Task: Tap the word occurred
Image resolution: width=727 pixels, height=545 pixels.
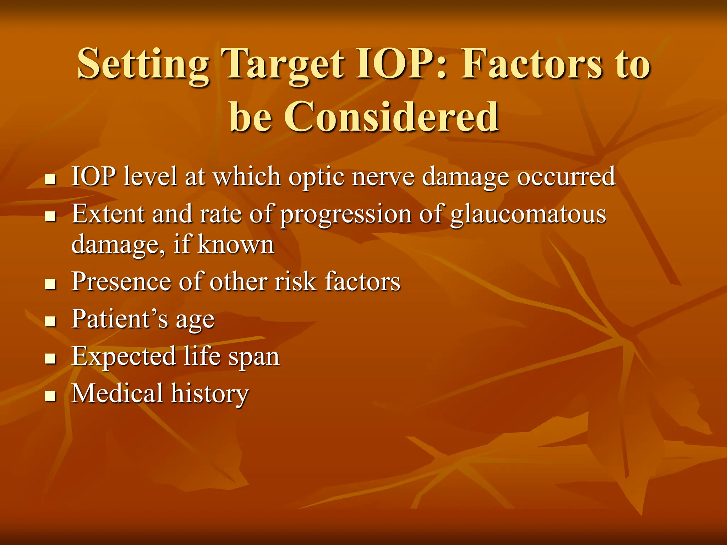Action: tap(566, 176)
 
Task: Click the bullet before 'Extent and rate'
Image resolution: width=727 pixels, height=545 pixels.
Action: tap(51, 216)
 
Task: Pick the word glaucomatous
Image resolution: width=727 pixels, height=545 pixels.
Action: tap(528, 215)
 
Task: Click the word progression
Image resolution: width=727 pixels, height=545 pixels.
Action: tap(345, 215)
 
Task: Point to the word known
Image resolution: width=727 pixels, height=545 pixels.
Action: tap(236, 244)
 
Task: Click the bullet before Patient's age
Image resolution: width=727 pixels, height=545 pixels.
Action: tap(51, 321)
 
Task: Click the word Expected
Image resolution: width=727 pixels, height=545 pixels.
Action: tap(124, 356)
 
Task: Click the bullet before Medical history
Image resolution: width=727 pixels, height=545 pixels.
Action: tap(51, 396)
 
